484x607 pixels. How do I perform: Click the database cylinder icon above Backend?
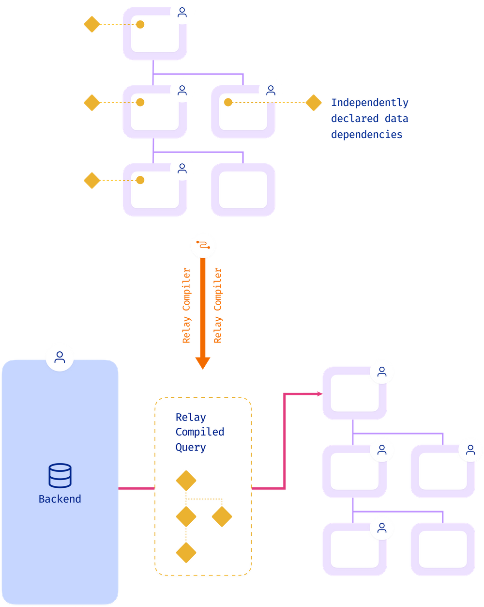[60, 475]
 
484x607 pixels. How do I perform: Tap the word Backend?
[60, 499]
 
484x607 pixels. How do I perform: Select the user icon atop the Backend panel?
[60, 357]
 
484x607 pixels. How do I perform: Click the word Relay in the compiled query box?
[191, 418]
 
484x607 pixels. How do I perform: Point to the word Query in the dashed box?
[191, 447]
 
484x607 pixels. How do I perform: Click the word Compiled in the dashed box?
[199, 432]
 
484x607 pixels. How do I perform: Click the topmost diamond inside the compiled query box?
[186, 481]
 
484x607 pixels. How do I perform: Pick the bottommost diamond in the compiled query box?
[186, 552]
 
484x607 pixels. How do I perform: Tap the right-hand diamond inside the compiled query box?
[222, 516]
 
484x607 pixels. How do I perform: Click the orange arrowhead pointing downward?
[203, 363]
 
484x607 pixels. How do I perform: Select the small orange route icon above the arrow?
[203, 245]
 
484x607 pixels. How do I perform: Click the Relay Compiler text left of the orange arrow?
[186, 305]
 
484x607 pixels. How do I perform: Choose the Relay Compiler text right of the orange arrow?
[217, 305]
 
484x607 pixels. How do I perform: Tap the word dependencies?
[366, 135]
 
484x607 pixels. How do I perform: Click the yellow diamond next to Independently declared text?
[314, 103]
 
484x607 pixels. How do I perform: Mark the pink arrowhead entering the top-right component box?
[319, 394]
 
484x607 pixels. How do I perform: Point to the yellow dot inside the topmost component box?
[140, 25]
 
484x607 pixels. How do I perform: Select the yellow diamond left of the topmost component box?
[92, 24]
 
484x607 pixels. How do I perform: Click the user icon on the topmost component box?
[182, 12]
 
